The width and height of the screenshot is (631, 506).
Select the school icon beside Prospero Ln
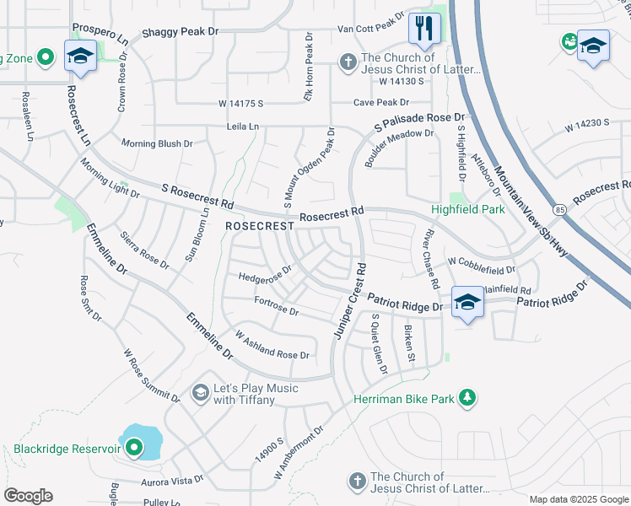[80, 56]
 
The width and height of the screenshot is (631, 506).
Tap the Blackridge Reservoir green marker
[133, 449]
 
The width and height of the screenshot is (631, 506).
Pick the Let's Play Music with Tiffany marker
[200, 392]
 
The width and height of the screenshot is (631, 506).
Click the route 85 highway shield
[559, 207]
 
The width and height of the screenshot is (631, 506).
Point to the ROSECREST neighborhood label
[259, 226]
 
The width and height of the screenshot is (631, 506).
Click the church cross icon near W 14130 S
[347, 61]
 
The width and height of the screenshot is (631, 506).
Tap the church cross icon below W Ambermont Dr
[356, 481]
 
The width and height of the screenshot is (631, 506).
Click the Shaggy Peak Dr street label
[180, 31]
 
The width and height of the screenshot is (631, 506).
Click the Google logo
[29, 496]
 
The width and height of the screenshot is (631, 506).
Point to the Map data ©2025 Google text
[578, 499]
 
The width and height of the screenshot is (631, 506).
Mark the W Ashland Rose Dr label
[272, 346]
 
